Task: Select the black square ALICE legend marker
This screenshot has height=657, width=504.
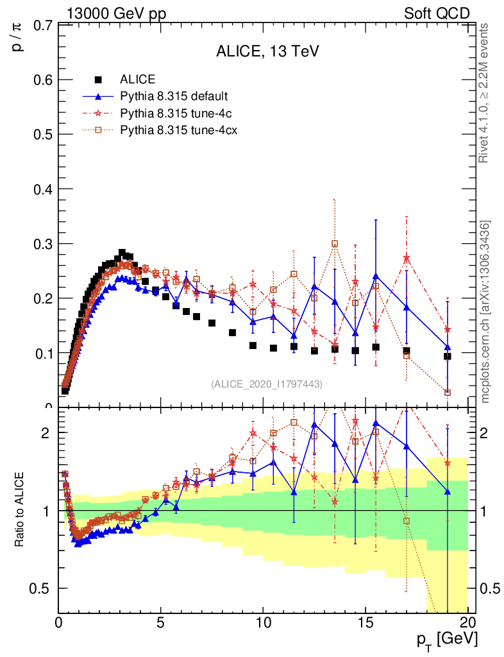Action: [x=98, y=80]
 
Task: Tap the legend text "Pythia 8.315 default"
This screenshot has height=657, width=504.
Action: [x=174, y=97]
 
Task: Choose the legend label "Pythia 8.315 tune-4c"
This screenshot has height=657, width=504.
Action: [x=173, y=114]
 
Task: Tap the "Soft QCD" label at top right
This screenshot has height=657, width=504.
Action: [x=437, y=13]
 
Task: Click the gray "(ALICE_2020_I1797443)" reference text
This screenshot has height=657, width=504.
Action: [x=267, y=384]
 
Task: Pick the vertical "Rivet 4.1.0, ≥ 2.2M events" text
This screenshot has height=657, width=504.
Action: [x=485, y=94]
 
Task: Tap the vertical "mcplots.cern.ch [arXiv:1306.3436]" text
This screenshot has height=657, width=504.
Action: [x=485, y=311]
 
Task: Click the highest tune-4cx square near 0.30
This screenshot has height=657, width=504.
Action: [x=335, y=244]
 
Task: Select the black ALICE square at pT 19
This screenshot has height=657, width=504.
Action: [x=448, y=356]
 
